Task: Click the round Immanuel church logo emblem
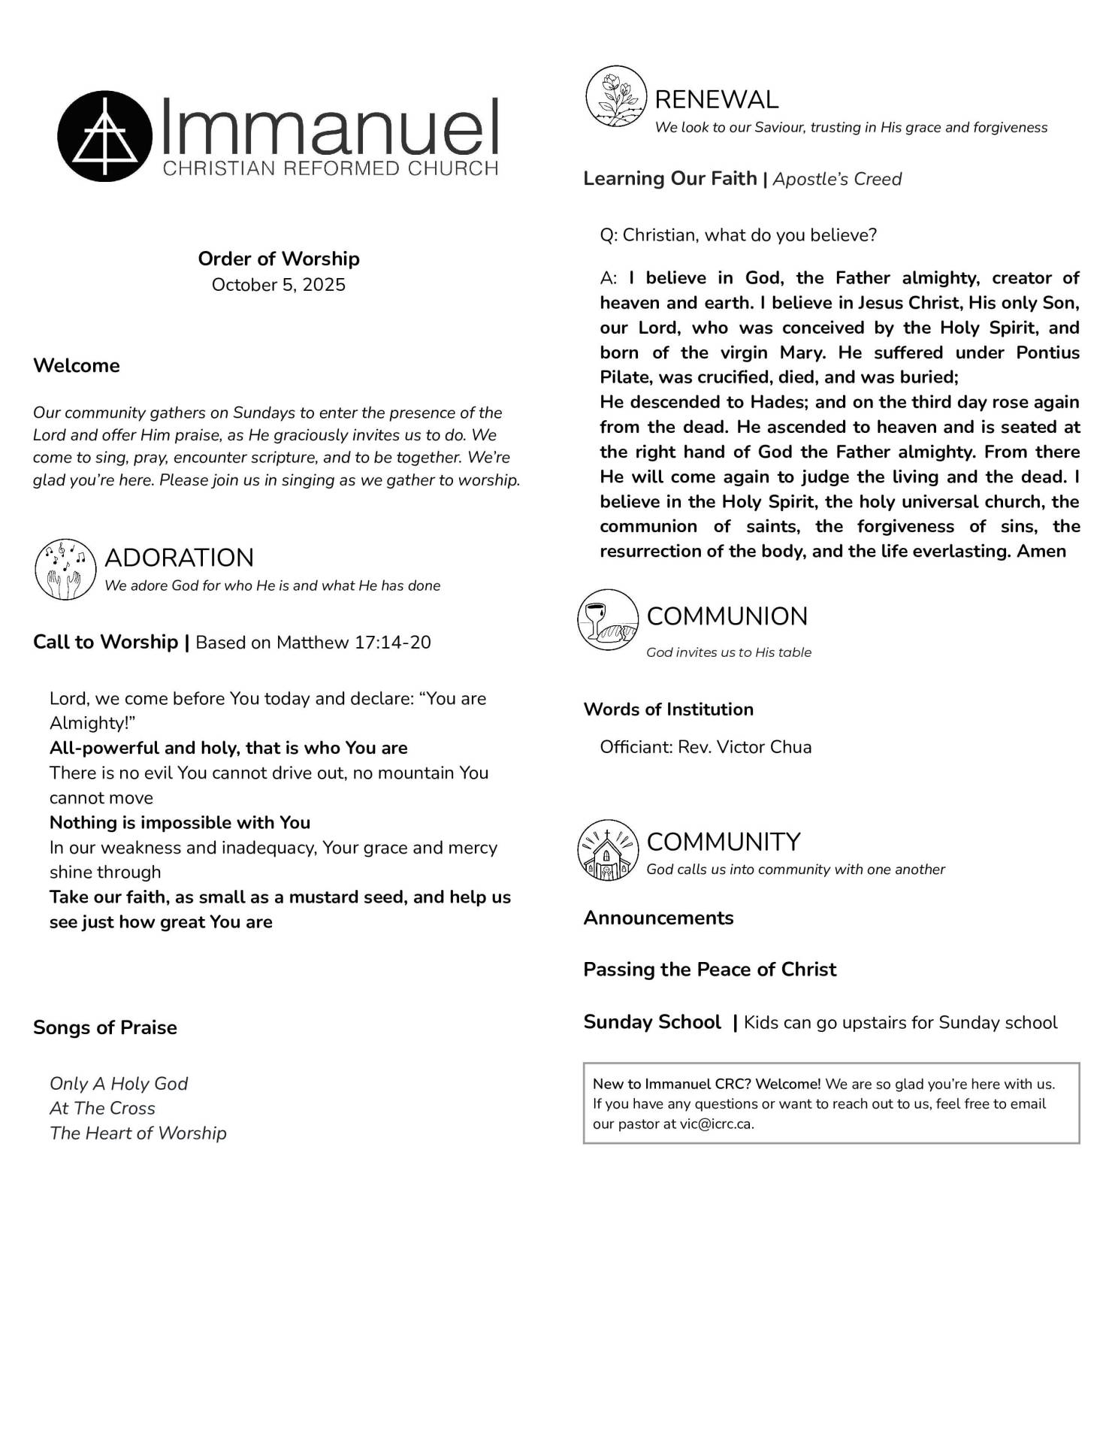point(105,136)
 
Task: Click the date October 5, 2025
point(278,285)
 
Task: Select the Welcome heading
point(77,366)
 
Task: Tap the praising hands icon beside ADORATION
point(65,569)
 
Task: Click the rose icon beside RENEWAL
point(616,96)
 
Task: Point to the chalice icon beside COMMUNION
point(608,620)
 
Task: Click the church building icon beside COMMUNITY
point(607,850)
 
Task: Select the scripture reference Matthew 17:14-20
point(354,643)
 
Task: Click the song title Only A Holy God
point(119,1084)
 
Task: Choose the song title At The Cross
point(102,1109)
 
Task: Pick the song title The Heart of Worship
point(138,1133)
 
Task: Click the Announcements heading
point(658,918)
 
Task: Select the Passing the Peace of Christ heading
point(709,970)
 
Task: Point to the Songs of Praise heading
point(105,1027)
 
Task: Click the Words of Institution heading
point(668,709)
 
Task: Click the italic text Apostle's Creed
point(837,179)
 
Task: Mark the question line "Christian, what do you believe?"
point(749,235)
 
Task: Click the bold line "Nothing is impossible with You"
point(180,822)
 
